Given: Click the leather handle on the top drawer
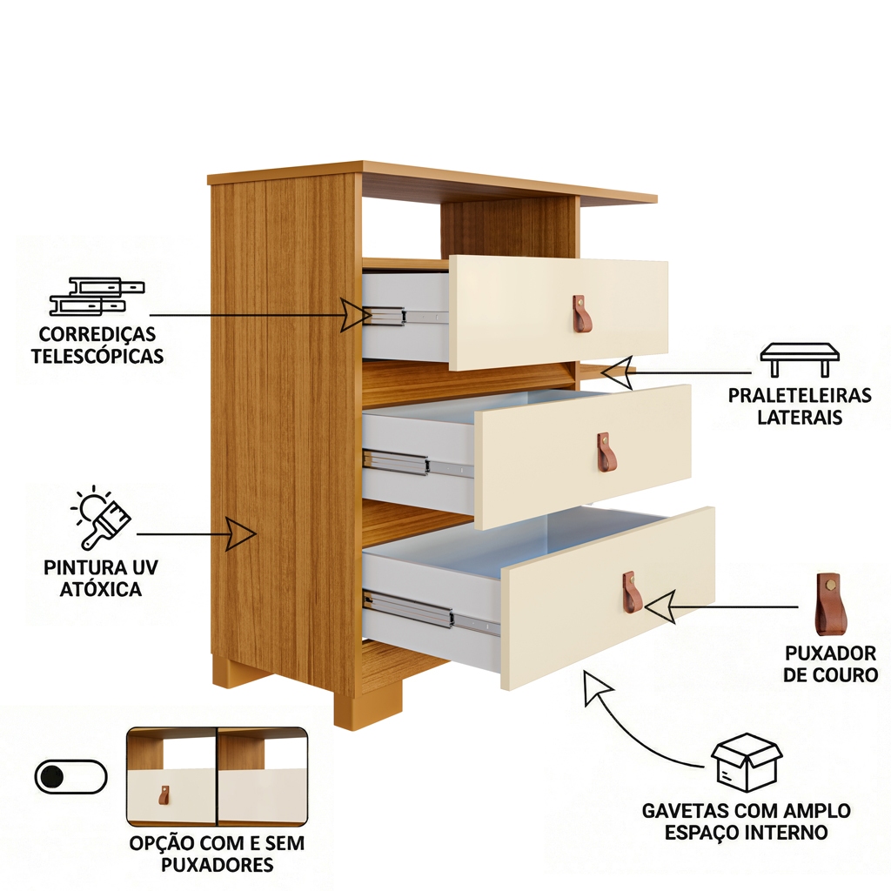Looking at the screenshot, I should [582, 314].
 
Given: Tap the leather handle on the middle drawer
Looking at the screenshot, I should [606, 452].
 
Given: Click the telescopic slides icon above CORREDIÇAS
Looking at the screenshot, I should [97, 296].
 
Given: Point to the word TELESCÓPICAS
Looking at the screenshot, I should [97, 356].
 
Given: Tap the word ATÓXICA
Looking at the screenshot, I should [101, 589].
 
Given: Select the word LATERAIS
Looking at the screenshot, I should [800, 418].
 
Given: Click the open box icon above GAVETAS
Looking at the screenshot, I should [746, 761].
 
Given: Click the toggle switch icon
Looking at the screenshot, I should [71, 776].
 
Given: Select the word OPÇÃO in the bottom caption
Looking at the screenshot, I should [162, 844].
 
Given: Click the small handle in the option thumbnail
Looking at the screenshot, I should [164, 795].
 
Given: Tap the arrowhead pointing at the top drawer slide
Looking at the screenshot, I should [355, 314].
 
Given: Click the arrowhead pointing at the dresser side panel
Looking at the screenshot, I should [241, 533].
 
